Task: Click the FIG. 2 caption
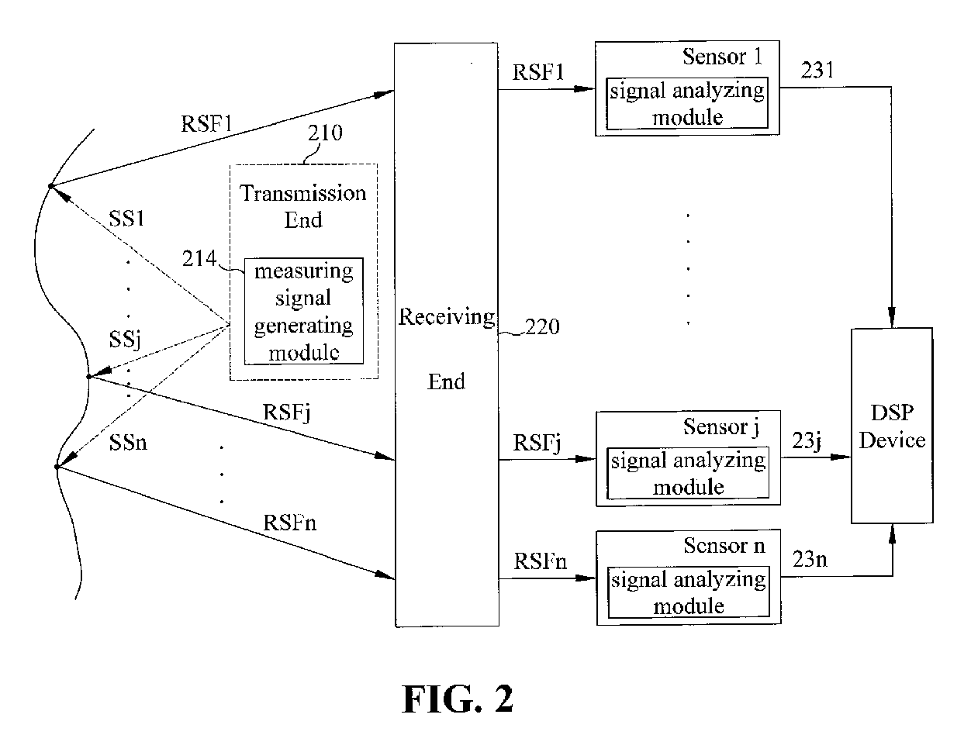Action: tap(458, 699)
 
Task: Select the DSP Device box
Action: tap(892, 426)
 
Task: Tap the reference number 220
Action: tap(542, 327)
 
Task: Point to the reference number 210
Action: tap(324, 133)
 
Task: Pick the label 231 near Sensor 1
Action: tap(817, 71)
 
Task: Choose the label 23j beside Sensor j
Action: tap(807, 440)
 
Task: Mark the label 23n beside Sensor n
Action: tap(810, 558)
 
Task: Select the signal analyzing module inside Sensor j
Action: tap(688, 473)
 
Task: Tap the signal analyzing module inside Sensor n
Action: tap(688, 592)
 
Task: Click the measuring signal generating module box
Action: tap(303, 311)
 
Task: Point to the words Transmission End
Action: tap(303, 205)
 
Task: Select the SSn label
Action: tap(127, 443)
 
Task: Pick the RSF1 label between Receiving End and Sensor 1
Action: tap(538, 72)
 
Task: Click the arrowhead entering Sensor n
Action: tap(589, 578)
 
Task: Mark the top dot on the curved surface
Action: tap(50, 186)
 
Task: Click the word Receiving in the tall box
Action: tap(446, 316)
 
